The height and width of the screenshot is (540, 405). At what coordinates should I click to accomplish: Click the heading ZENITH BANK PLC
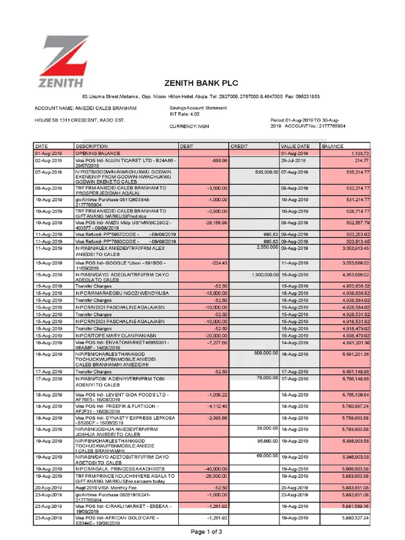(x=201, y=83)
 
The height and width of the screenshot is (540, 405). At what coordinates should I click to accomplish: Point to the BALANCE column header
(x=333, y=146)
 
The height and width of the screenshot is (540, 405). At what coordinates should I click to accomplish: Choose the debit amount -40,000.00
(x=214, y=468)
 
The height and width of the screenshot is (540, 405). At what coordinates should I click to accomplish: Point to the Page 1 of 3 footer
(x=206, y=532)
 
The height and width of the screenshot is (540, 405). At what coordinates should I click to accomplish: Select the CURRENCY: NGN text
(x=189, y=127)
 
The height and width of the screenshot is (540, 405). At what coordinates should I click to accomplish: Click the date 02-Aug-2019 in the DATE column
(x=49, y=160)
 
